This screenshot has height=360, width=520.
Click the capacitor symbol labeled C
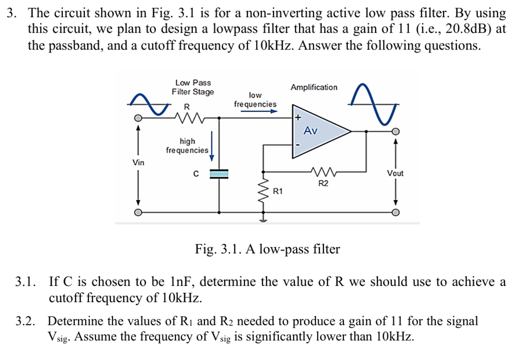[219, 174]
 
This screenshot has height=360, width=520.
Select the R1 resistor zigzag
[263, 192]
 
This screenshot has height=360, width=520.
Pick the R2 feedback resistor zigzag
[324, 172]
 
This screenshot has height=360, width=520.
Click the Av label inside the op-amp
[311, 131]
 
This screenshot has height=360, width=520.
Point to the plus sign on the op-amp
[298, 117]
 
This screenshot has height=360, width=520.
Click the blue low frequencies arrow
[259, 111]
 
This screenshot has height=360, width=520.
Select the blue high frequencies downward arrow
[211, 146]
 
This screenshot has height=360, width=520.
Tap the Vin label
[138, 162]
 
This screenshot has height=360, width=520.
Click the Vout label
[395, 173]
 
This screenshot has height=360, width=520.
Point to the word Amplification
[314, 87]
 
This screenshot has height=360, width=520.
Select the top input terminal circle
[138, 118]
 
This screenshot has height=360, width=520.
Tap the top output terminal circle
[395, 132]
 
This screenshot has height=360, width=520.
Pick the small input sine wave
[149, 104]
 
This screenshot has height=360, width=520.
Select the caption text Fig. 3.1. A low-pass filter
[267, 249]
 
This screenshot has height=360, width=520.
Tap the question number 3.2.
[25, 321]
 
